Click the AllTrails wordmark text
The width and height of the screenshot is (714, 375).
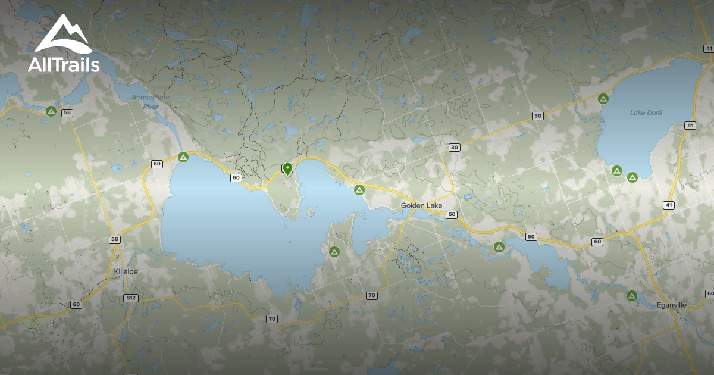tap(64, 64)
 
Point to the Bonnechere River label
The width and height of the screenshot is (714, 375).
tap(143, 101)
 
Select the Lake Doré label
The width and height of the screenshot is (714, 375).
tap(646, 112)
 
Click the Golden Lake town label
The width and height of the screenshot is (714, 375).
tap(421, 205)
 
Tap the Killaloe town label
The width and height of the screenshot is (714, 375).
tap(126, 272)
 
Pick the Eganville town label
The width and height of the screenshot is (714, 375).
tap(672, 305)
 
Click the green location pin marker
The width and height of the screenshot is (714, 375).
tap(287, 169)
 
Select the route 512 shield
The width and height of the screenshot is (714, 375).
tap(131, 297)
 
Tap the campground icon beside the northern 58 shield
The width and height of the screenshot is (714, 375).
tap(51, 111)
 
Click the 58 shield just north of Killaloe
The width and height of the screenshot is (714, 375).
tap(115, 239)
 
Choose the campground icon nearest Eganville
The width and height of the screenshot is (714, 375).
tap(631, 295)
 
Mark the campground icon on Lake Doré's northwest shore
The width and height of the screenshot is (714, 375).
tap(603, 99)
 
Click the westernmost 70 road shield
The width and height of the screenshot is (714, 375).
tap(272, 319)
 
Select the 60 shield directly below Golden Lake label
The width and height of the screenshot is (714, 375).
tap(452, 214)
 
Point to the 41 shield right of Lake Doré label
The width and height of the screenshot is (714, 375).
tap(690, 125)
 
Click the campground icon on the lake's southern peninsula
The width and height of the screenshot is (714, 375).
tap(334, 251)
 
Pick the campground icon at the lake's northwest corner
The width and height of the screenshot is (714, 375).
tap(183, 157)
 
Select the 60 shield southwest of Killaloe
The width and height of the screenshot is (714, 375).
tap(76, 304)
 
